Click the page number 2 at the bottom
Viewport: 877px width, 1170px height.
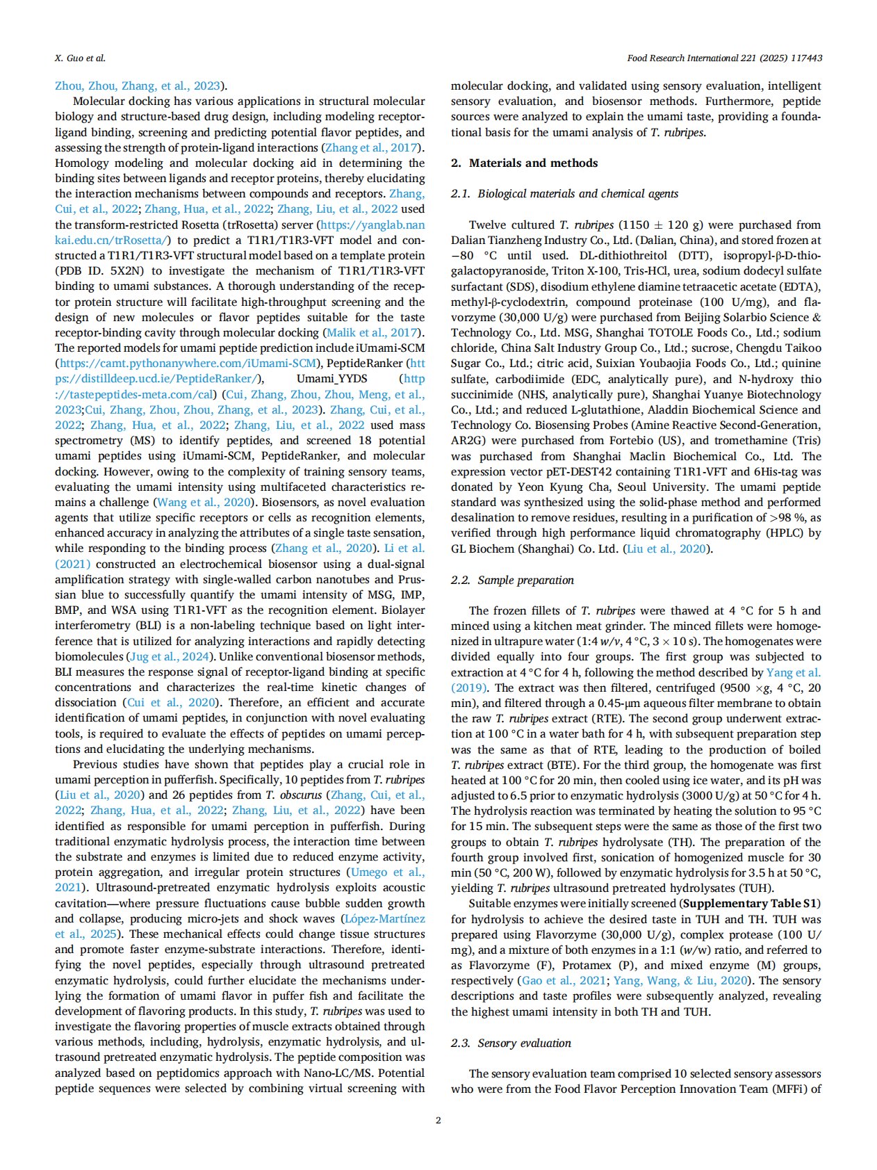pos(438,1120)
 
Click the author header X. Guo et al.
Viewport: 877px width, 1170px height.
pos(80,58)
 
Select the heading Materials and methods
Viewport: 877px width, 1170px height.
pos(533,163)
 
